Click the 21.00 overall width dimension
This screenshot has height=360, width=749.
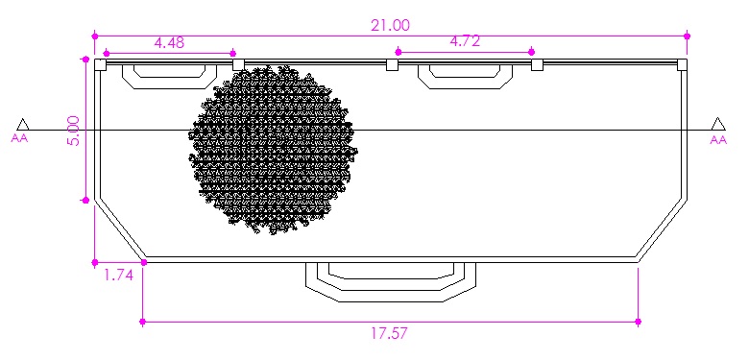[x=390, y=25]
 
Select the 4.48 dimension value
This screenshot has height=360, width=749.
[x=169, y=42]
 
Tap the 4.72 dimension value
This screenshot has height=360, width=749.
[x=465, y=41]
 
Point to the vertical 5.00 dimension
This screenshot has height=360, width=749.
[x=75, y=131]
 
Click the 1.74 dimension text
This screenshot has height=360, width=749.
[x=118, y=275]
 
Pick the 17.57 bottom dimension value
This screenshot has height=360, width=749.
[x=390, y=333]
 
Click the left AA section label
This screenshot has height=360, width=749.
[x=19, y=139]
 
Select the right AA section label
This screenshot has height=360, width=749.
[x=718, y=139]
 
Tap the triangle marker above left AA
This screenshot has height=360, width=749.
[x=22, y=124]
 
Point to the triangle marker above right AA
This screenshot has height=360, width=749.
[x=718, y=124]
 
